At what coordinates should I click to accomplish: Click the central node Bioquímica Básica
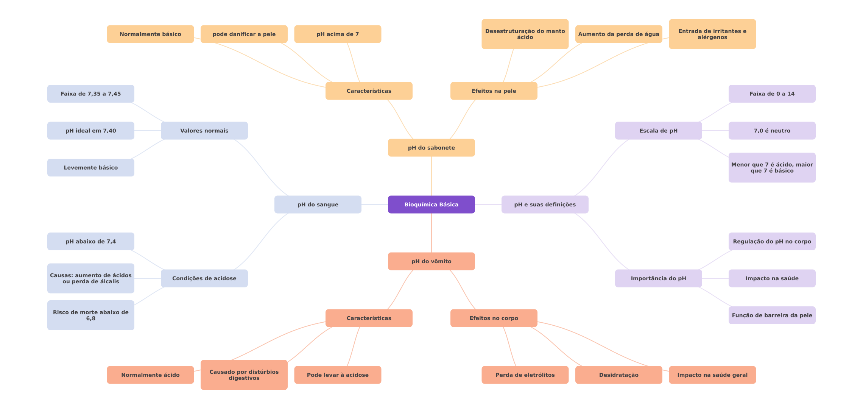[431, 204]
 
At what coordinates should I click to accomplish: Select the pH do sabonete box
[431, 148]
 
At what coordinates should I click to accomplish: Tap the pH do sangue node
[318, 204]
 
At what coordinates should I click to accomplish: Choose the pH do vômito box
[431, 261]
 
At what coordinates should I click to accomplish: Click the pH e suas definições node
[545, 204]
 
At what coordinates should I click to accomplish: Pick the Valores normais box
[204, 131]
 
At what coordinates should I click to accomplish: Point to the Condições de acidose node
[204, 278]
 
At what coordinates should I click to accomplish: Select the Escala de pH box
[658, 131]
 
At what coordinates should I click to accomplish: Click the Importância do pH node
[658, 278]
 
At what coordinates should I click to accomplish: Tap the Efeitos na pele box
[494, 91]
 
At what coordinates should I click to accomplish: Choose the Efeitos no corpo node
[494, 318]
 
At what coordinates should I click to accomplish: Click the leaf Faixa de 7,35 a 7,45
[90, 94]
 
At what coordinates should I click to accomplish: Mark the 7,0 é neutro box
[772, 131]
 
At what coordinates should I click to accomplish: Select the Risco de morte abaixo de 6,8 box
[90, 315]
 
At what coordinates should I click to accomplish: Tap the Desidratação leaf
[618, 375]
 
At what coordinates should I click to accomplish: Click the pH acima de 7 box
[338, 34]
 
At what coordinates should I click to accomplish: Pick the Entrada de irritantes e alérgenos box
[712, 34]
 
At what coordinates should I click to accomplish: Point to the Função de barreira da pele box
[772, 315]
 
